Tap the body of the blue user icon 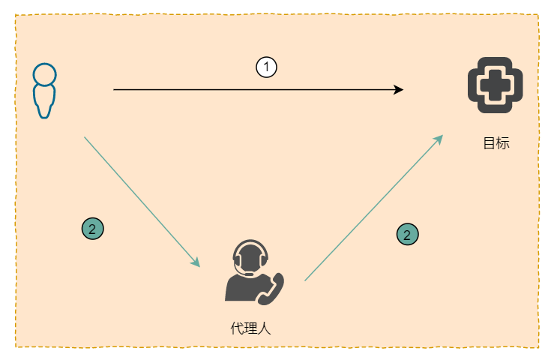pyautogui.click(x=44, y=101)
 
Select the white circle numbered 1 pyautogui.click(x=266, y=67)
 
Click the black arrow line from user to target pyautogui.click(x=255, y=90)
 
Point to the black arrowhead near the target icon pyautogui.click(x=399, y=90)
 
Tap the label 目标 pyautogui.click(x=496, y=143)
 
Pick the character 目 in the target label pyautogui.click(x=489, y=143)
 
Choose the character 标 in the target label pyautogui.click(x=502, y=143)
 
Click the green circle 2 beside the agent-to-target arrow pyautogui.click(x=407, y=235)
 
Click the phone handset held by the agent pyautogui.click(x=273, y=288)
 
